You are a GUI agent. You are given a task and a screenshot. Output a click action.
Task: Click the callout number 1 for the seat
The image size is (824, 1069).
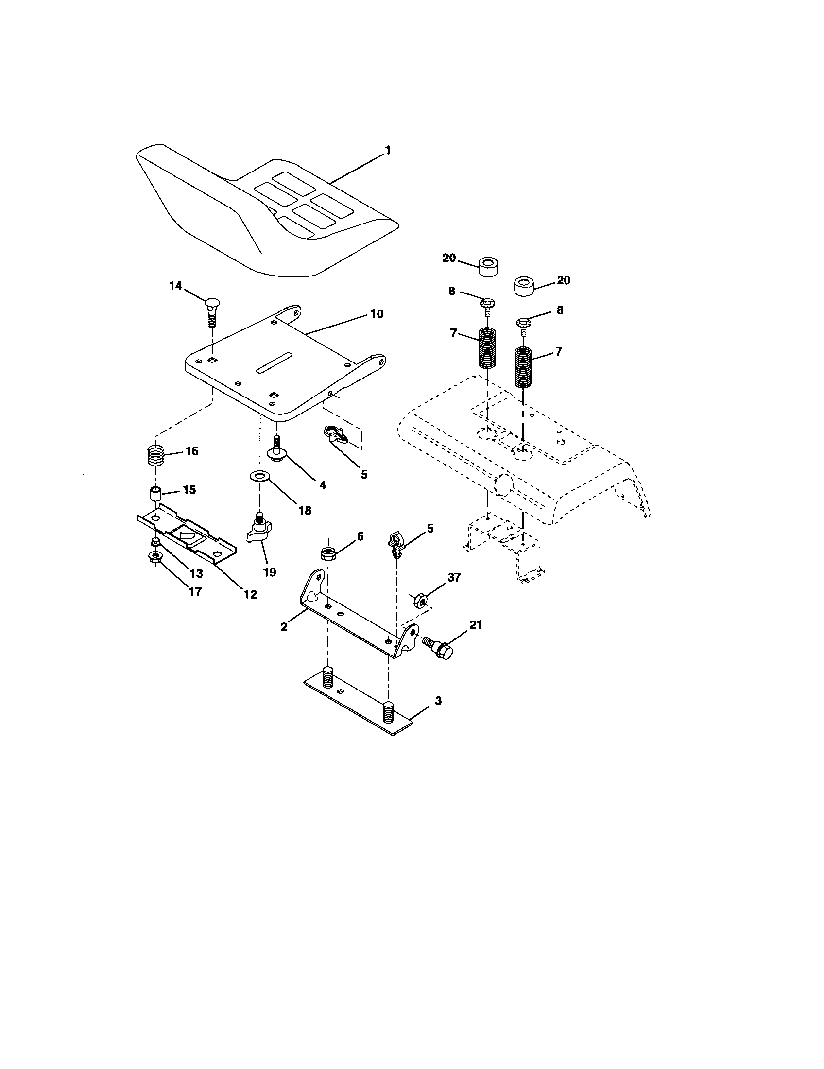pos(388,150)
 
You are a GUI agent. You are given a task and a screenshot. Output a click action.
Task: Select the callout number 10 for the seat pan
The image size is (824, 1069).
pos(376,314)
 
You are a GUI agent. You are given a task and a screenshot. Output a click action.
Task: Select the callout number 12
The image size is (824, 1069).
pos(250,594)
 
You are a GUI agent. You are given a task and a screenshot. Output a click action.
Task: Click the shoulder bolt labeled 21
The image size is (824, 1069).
pos(438,649)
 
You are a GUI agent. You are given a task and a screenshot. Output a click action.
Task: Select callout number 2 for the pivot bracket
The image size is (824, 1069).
pos(284,626)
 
